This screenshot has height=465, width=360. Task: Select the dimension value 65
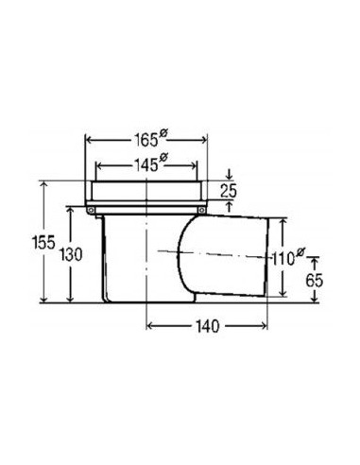[x=315, y=281]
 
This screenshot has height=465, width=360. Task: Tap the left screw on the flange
[x=93, y=209]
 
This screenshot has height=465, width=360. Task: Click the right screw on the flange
[x=200, y=209]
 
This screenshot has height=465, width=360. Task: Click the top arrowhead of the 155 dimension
[x=43, y=184]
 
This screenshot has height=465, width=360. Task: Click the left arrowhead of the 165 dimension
[x=90, y=140]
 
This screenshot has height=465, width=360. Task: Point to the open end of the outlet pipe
[x=281, y=257]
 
